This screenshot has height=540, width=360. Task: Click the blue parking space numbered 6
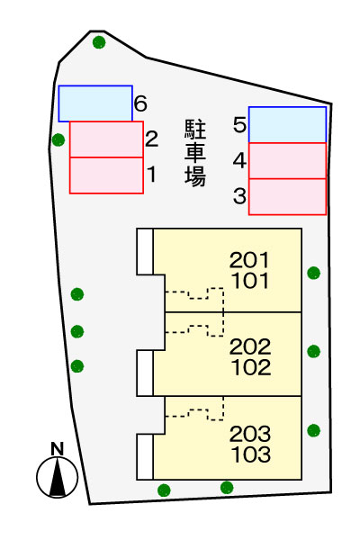coord(95,103)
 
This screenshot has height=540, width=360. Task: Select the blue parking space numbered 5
coord(287,124)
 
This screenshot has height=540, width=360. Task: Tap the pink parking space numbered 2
coord(106,139)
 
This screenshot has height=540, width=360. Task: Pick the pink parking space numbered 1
coord(106,175)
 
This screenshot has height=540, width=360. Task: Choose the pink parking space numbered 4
coord(287,160)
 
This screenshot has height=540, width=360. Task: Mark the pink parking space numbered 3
coord(287,196)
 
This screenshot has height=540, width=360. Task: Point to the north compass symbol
coord(57,474)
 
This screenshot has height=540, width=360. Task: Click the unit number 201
coord(249,261)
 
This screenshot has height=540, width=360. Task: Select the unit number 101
coord(249,281)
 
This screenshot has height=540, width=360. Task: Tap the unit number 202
coord(250,347)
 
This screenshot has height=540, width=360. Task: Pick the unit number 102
coord(250,367)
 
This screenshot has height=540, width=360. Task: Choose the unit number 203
coord(250,434)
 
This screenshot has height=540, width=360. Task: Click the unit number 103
coord(250,454)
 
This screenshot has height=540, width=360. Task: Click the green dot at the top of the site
coord(99,42)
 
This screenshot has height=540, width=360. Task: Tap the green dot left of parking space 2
coord(58,139)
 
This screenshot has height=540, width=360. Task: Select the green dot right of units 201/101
coord(313,273)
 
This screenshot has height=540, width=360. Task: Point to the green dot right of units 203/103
coord(313,430)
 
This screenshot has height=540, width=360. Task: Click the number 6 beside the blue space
coord(140,104)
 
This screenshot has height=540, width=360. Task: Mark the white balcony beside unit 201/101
coord(144,251)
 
